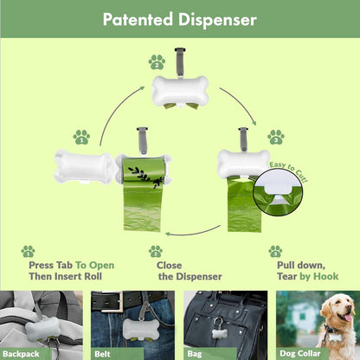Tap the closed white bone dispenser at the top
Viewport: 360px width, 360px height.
point(179,90)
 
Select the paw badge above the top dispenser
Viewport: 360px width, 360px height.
point(157,61)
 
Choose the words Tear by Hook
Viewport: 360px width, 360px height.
point(309,277)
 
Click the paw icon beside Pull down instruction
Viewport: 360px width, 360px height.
point(275,251)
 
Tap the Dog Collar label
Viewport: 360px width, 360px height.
point(303,353)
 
